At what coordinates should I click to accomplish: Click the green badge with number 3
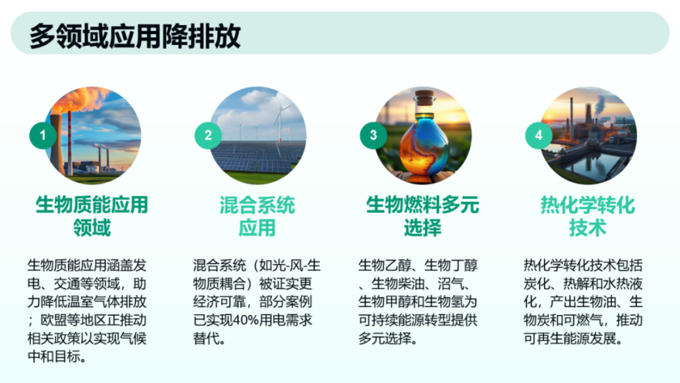click(x=374, y=135)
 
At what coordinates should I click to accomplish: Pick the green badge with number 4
click(x=538, y=135)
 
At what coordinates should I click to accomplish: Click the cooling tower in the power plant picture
click(x=55, y=143)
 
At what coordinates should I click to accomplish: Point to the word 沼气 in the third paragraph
click(x=453, y=283)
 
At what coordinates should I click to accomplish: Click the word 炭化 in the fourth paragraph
click(x=535, y=283)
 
